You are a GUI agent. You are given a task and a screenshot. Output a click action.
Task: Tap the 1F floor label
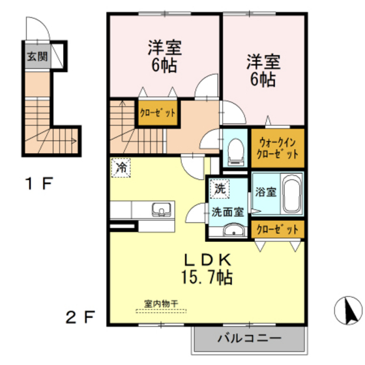point(38,183)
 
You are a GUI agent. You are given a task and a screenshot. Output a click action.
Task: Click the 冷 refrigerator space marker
point(121,168)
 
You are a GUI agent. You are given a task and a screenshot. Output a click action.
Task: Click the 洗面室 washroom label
point(227,211)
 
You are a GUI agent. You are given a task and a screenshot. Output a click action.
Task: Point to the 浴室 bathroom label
point(266,193)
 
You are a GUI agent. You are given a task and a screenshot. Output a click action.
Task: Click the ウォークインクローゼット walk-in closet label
point(278,148)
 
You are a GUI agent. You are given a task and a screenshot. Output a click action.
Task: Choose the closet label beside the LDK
point(277,229)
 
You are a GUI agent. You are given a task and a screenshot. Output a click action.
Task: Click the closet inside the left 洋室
point(157,112)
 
